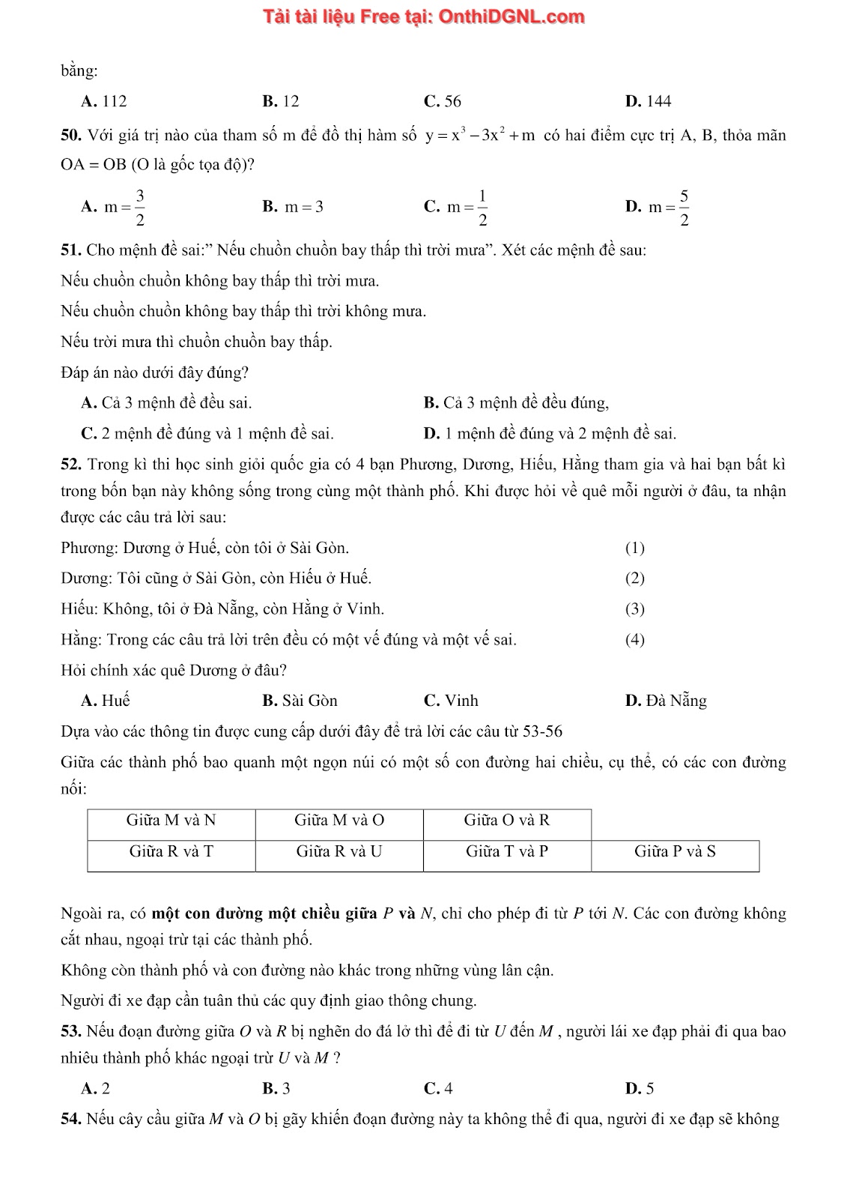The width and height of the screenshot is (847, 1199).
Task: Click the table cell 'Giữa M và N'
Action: coord(171,821)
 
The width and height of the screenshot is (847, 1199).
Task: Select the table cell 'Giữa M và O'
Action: coord(339,821)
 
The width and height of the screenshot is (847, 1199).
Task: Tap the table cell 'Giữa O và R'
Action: coord(507,821)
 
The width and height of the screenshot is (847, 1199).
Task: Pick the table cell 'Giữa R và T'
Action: coord(171,852)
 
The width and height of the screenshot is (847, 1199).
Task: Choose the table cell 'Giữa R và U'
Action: coord(339,852)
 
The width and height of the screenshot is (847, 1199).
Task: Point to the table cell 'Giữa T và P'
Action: coord(507,852)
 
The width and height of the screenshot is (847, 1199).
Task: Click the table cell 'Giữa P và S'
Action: coord(675,852)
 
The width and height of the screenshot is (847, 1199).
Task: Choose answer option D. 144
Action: coord(649,102)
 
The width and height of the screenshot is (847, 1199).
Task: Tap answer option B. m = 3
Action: coord(293,208)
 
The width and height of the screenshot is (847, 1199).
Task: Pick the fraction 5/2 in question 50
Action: coord(684,208)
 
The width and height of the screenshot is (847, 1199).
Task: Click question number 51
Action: coord(71,250)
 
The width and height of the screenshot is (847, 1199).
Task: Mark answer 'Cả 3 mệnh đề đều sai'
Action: coord(166,403)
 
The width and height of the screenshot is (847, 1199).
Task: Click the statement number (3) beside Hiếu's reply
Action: coord(634,609)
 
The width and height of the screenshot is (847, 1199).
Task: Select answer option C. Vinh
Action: coord(451,701)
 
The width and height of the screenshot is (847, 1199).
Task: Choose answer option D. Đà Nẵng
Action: coord(666,701)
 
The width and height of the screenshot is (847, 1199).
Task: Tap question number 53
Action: coord(71,1032)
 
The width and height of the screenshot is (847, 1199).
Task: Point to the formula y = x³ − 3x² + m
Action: coord(481,136)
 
